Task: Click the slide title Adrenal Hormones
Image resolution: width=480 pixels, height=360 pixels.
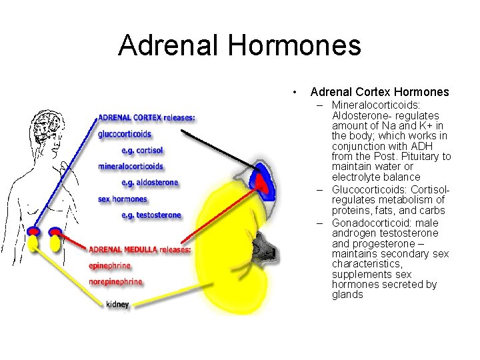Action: (x=239, y=45)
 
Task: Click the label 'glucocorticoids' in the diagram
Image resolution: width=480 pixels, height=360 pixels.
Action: (x=125, y=134)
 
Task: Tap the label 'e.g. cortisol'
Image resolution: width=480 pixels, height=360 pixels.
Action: (x=142, y=150)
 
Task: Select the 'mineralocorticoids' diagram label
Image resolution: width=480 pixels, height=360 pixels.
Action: (x=131, y=166)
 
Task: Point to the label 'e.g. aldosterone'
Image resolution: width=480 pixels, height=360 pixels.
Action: (x=150, y=182)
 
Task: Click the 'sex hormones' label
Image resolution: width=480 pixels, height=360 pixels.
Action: (x=122, y=199)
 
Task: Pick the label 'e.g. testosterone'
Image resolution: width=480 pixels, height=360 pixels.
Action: (x=151, y=215)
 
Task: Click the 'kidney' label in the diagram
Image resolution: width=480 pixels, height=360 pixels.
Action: (x=117, y=305)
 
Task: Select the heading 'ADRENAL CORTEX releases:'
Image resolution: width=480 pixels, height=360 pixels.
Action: (x=147, y=118)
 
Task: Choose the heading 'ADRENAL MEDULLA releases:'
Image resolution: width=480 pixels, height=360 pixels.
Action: (x=140, y=249)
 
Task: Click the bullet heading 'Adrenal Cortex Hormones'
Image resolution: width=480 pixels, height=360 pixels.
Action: (x=379, y=92)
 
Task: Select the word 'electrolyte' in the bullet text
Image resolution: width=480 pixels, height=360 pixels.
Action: (x=357, y=177)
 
